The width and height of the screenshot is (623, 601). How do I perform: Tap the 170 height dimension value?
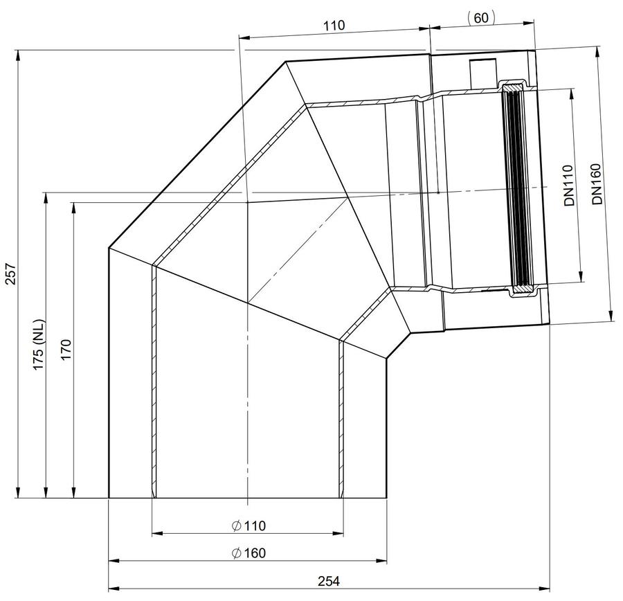pyautogui.click(x=66, y=350)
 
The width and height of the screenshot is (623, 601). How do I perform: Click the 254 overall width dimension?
pyautogui.click(x=329, y=581)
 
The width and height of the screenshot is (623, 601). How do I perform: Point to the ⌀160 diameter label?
pyautogui.click(x=249, y=553)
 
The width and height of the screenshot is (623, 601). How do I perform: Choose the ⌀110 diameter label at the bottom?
pyautogui.click(x=249, y=526)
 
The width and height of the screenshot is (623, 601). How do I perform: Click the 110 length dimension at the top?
pyautogui.click(x=334, y=26)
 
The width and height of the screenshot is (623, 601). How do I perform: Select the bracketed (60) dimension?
pyautogui.click(x=481, y=18)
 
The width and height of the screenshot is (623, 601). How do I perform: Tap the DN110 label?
pyautogui.click(x=570, y=185)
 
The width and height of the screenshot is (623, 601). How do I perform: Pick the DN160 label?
pyautogui.click(x=597, y=183)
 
